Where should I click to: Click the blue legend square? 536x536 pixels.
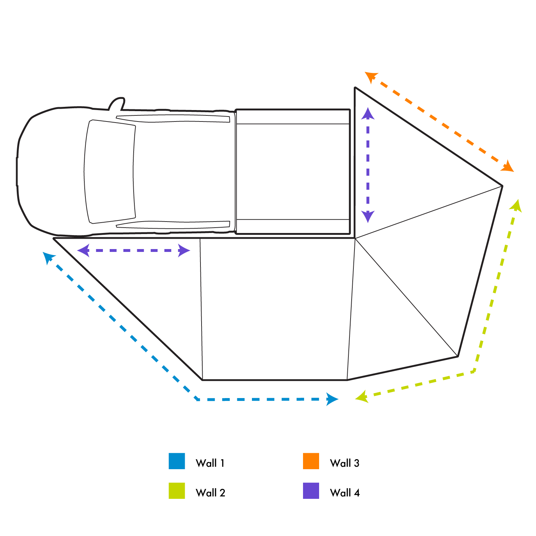(177, 461)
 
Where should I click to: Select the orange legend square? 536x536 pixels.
(311, 461)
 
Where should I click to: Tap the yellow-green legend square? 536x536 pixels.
(177, 491)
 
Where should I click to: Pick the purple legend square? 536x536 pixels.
(311, 491)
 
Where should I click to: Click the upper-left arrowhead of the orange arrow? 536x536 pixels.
(371, 76)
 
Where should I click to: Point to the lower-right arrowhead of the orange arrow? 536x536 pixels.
(508, 167)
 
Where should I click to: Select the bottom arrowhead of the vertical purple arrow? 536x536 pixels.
(368, 217)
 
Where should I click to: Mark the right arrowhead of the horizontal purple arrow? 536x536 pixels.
(184, 250)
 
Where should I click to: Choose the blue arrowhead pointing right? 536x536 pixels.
(332, 399)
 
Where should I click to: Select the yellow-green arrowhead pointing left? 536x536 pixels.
(362, 397)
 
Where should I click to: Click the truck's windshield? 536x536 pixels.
(110, 172)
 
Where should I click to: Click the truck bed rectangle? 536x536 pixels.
(293, 172)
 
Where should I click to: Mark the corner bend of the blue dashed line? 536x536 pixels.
(198, 399)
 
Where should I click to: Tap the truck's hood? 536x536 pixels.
(50, 172)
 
